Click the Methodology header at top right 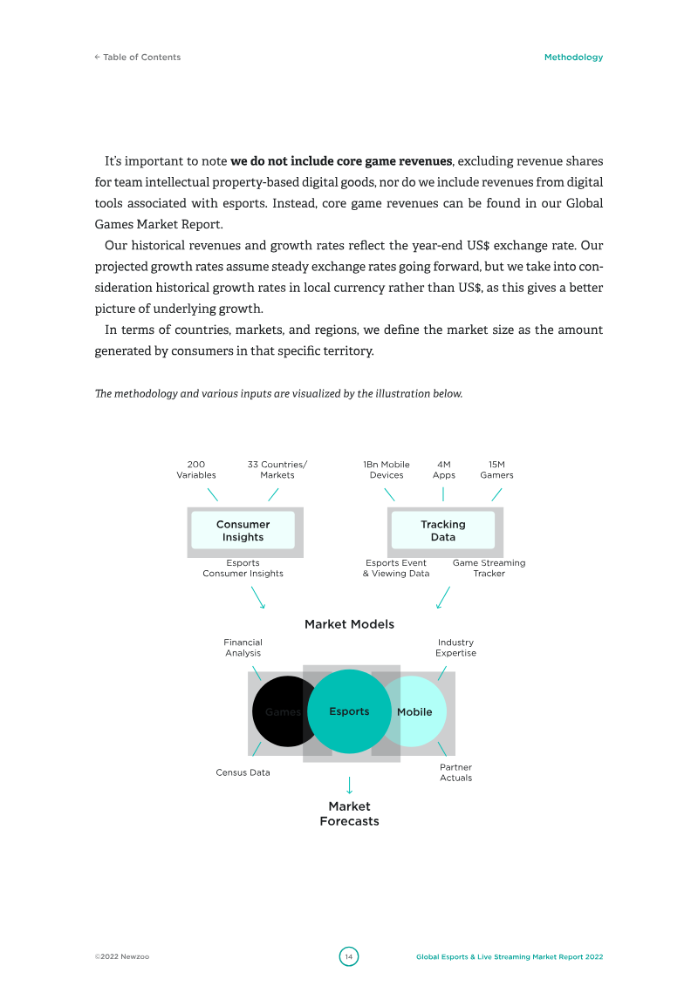coord(573,58)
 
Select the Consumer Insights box coord(243,531)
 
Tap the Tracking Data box coord(443,531)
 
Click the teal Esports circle coord(349,711)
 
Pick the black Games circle coord(279,711)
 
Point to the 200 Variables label coord(196,470)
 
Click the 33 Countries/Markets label coord(277,470)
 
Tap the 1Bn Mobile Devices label coord(387,470)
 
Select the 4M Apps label coord(443,470)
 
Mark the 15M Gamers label coord(496,470)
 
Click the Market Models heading coord(349,624)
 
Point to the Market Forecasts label coord(349,813)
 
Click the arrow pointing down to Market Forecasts coord(349,784)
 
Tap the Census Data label coord(243,772)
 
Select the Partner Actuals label coord(455,772)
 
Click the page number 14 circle coord(349,956)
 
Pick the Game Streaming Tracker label coord(489,568)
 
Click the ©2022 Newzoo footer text coord(122,957)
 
